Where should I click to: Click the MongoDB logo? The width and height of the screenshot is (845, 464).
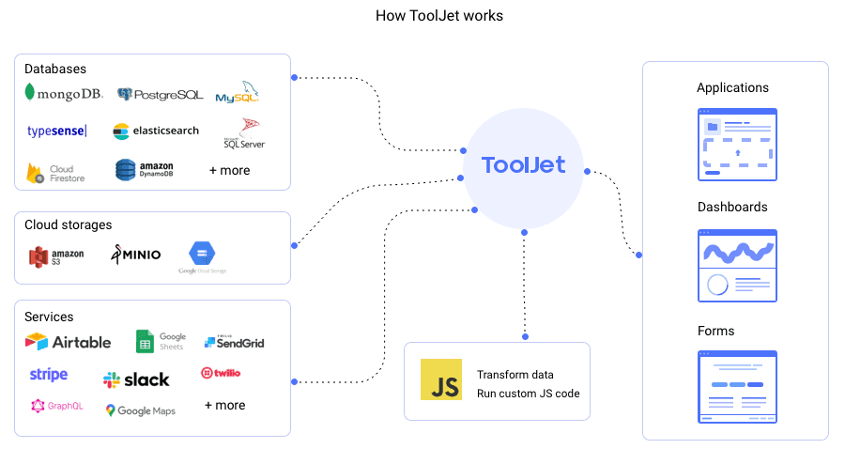pyautogui.click(x=64, y=94)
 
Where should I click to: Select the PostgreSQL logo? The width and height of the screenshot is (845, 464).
pyautogui.click(x=160, y=94)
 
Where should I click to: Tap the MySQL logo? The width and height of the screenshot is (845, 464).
pyautogui.click(x=237, y=94)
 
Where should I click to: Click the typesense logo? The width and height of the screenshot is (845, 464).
pyautogui.click(x=57, y=131)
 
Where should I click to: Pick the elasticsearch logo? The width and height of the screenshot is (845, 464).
pyautogui.click(x=156, y=131)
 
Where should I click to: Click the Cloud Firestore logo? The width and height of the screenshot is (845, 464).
pyautogui.click(x=56, y=173)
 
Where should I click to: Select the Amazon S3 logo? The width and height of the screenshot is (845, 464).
pyautogui.click(x=56, y=255)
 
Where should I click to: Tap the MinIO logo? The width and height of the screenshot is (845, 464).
pyautogui.click(x=136, y=254)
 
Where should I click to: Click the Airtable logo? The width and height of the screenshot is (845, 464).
pyautogui.click(x=69, y=342)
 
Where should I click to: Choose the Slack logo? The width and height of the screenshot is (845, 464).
pyautogui.click(x=136, y=379)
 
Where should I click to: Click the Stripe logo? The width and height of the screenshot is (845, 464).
pyautogui.click(x=49, y=375)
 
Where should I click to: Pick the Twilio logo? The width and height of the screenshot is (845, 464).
pyautogui.click(x=221, y=373)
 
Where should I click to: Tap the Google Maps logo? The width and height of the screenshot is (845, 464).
pyautogui.click(x=140, y=410)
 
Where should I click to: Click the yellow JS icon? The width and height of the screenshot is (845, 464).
pyautogui.click(x=441, y=379)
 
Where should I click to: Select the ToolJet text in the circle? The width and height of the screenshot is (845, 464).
pyautogui.click(x=523, y=165)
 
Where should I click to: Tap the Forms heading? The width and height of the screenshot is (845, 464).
pyautogui.click(x=716, y=331)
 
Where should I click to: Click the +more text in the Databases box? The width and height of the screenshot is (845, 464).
pyautogui.click(x=229, y=171)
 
